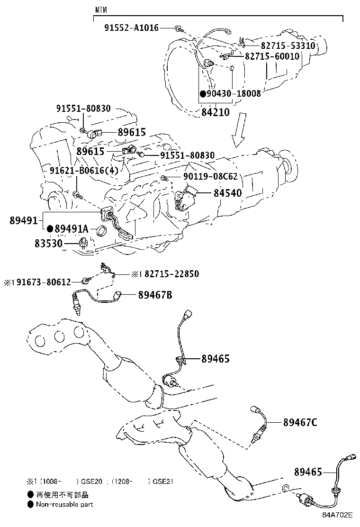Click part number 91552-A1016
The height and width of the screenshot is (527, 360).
(x=132, y=28)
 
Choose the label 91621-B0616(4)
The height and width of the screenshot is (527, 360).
(x=84, y=170)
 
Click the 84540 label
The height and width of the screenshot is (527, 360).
(x=227, y=193)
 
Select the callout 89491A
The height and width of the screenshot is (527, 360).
(x=72, y=229)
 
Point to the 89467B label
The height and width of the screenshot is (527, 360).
(x=155, y=295)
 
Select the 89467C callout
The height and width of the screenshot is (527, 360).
(x=300, y=422)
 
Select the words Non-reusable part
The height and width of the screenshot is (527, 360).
(x=64, y=504)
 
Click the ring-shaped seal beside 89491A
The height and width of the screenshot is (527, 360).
(x=101, y=231)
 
